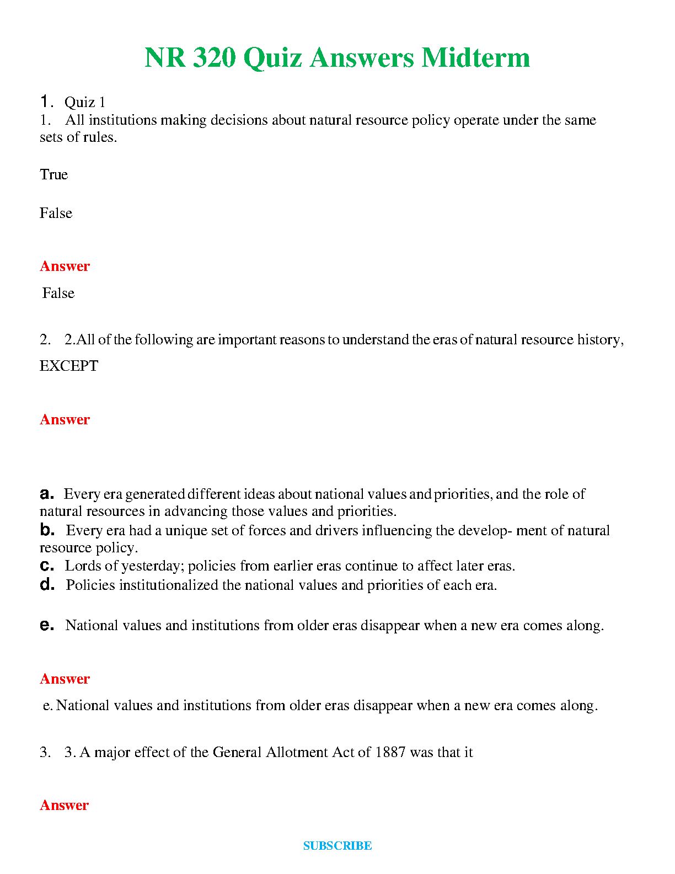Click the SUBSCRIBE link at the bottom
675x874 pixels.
337,845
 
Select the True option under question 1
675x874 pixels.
53,175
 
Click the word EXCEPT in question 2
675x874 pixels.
68,366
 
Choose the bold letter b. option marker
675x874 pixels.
47,530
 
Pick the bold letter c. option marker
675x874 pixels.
47,566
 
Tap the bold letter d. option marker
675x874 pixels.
47,585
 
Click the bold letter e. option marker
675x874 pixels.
47,625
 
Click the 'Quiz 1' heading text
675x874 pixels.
85,103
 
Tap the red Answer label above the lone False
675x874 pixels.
65,267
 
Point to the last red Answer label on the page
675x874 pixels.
64,806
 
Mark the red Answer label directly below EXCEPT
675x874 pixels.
65,420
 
